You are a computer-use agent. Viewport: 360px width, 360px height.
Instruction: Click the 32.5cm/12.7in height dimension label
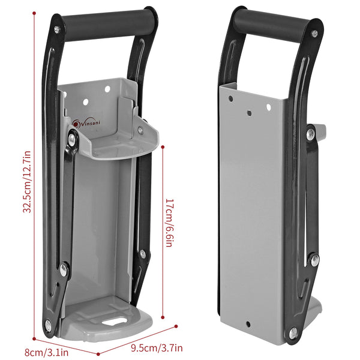pyautogui.click(x=27, y=182)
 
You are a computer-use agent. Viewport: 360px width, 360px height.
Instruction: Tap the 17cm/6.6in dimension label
pyautogui.click(x=169, y=223)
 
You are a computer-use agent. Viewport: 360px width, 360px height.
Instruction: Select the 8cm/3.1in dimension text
pyautogui.click(x=46, y=352)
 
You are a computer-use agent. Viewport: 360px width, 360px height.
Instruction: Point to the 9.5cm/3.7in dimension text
pyautogui.click(x=157, y=348)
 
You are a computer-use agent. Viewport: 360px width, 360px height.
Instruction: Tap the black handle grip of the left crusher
pyautogui.click(x=108, y=25)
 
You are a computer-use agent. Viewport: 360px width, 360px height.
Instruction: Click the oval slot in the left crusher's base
pyautogui.click(x=115, y=321)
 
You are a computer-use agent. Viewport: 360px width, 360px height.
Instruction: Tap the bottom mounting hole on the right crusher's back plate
pyautogui.click(x=248, y=324)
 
